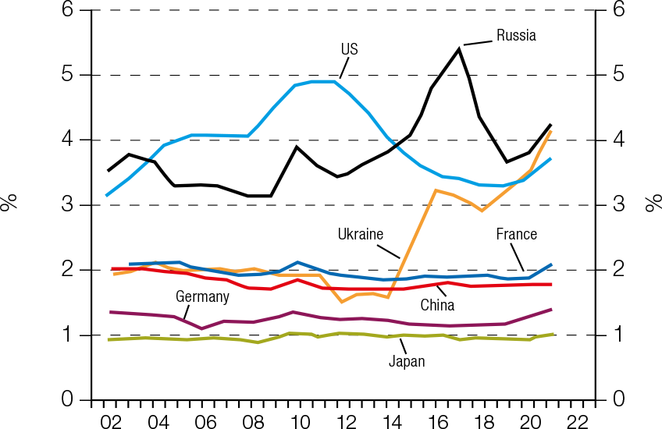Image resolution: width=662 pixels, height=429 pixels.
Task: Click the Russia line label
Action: coord(516,35)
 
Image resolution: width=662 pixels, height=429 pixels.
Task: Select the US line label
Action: coord(349,49)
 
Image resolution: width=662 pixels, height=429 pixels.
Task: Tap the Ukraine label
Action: coord(361,234)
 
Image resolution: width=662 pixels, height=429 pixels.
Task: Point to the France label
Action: coord(517,234)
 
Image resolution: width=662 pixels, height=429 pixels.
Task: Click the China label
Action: coord(437,305)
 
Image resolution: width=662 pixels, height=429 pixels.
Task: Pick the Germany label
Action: coord(202,296)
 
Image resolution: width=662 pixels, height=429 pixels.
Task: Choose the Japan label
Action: coord(407,361)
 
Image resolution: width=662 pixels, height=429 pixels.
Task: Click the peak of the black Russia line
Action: coord(458,49)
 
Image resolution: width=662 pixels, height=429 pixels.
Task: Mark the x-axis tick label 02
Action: coord(111,421)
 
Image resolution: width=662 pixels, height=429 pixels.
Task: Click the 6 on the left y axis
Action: coord(68,11)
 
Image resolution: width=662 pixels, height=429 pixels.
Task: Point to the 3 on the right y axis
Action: coord(618,205)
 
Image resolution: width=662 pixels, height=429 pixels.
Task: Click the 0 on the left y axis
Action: coord(68,400)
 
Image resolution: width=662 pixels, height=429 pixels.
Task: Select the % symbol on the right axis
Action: coord(652,204)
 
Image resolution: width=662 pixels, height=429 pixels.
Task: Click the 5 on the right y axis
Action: coord(618,76)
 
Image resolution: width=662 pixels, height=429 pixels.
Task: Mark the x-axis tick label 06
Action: coord(205,421)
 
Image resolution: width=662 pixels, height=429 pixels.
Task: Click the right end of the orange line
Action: coord(552,131)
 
